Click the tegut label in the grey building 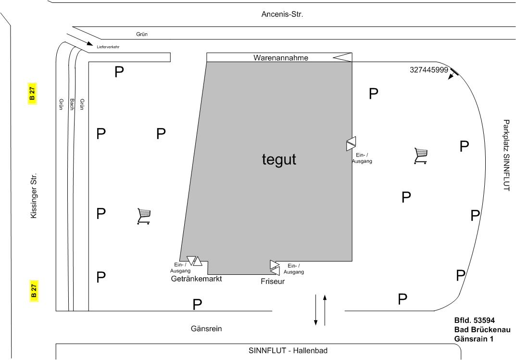coord(279,159)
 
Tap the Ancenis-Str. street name coord(282,14)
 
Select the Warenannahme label coord(281,58)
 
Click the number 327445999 coord(429,70)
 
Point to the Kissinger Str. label coord(33,196)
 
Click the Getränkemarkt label coord(196,279)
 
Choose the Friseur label coord(273,282)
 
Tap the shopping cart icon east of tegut coord(421,156)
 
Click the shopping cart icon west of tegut coord(144,216)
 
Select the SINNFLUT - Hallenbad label coord(288,350)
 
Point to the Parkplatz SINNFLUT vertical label coord(506,155)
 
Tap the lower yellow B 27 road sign coord(34,291)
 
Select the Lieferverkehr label coord(108,47)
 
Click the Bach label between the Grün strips coord(72,105)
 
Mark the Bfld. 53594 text coord(475,320)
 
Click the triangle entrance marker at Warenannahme coord(342,58)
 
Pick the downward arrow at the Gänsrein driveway coord(316,309)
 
